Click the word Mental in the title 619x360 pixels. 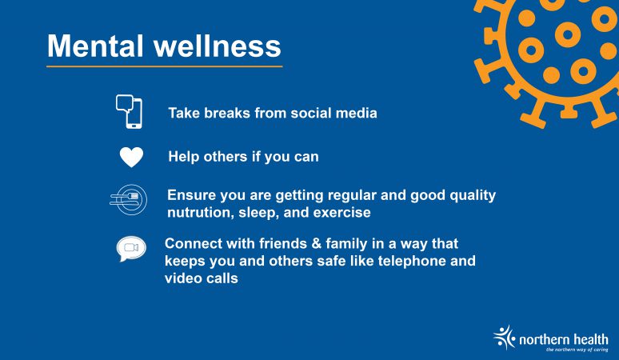pos(95,46)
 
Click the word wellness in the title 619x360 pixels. pos(217,46)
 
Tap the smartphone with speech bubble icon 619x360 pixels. pos(129,112)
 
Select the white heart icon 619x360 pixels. pos(131,157)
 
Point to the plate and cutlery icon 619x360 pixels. pos(128,200)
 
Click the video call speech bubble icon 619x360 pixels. pos(131,249)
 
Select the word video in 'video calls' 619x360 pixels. pos(182,278)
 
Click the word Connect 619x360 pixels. pos(194,243)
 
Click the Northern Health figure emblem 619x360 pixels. pos(504,338)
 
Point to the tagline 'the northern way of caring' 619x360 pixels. pos(577,350)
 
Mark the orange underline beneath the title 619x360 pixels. pos(164,66)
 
